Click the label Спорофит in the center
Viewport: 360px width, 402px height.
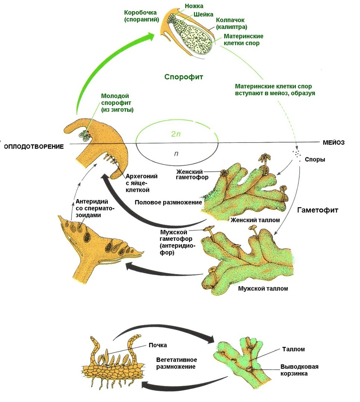click(184, 77)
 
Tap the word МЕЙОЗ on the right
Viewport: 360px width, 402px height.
click(334, 143)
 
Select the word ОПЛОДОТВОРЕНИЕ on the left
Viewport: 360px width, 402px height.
click(34, 147)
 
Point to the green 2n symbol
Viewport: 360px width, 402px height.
click(176, 134)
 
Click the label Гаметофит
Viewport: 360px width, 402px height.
click(318, 210)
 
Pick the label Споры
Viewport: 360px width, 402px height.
click(315, 159)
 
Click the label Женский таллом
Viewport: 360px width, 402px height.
click(255, 220)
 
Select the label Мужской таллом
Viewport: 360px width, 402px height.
click(263, 289)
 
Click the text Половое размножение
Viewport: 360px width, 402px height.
click(168, 202)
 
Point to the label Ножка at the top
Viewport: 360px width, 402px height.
click(194, 6)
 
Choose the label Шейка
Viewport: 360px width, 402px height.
click(203, 15)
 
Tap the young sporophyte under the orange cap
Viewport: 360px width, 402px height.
click(85, 136)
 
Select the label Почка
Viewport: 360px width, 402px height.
click(158, 345)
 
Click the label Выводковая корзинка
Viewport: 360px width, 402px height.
click(299, 370)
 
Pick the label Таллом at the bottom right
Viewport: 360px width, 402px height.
click(294, 349)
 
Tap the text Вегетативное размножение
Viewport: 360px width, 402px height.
click(176, 363)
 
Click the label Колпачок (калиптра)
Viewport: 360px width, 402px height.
click(231, 23)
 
